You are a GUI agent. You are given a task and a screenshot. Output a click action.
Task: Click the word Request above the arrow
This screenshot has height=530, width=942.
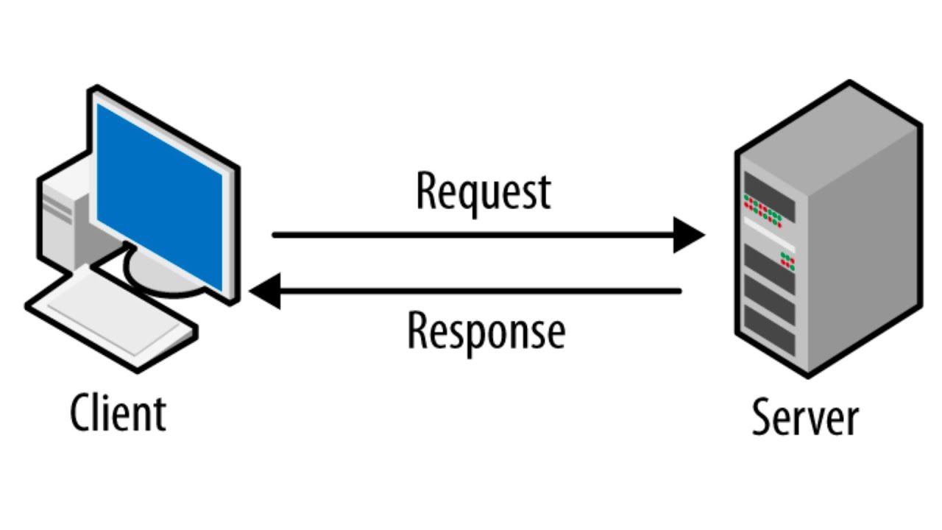(x=483, y=192)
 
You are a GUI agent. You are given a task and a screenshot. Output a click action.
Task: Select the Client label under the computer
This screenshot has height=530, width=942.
(x=118, y=413)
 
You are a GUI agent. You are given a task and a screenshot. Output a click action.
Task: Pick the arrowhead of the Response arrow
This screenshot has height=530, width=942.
(x=265, y=291)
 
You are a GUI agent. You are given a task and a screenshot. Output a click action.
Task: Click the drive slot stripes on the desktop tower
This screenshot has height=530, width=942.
(x=57, y=211)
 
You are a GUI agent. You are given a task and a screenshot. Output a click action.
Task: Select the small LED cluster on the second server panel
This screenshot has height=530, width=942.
(x=787, y=259)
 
